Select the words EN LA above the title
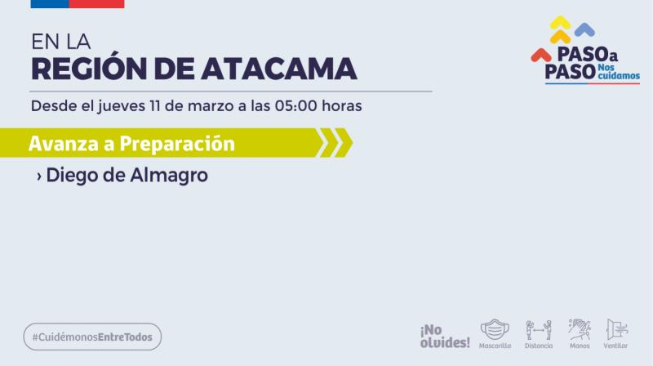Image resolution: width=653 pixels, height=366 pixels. pos(60,41)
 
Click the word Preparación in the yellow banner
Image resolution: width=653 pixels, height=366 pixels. pos(177,144)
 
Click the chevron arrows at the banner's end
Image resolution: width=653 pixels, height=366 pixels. pos(334,143)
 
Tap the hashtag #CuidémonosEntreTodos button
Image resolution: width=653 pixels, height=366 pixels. pos(92,337)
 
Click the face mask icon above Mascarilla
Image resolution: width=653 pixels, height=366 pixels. pos(495,328)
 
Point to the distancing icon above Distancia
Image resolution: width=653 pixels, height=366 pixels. pos(539,328)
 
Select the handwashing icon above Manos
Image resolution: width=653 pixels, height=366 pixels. pos(580,328)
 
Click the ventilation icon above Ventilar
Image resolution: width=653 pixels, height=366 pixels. pos(616,328)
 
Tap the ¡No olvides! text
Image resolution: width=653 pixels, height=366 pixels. pos(445,336)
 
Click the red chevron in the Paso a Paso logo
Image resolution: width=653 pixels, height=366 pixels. pos(540,55)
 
